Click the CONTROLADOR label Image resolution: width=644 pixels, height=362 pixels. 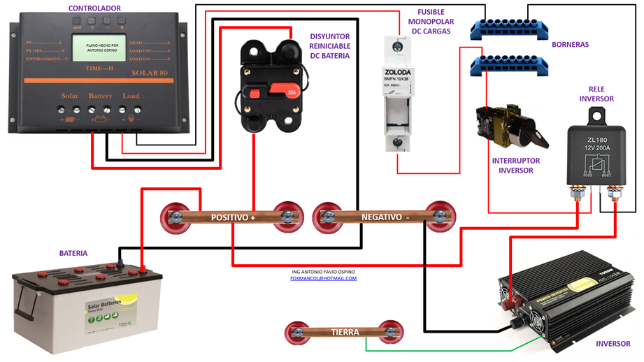[x=94, y=8]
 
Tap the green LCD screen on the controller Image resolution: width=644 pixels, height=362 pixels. [x=101, y=49]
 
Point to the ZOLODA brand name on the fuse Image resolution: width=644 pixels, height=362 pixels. [x=397, y=73]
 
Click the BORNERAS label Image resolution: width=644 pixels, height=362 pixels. [x=570, y=45]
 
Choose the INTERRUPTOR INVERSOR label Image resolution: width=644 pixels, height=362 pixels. [x=515, y=165]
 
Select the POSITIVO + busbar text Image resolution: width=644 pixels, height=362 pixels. [x=234, y=218]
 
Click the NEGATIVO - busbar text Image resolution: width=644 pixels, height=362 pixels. [x=385, y=217]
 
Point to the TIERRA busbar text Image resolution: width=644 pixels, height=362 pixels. [x=345, y=332]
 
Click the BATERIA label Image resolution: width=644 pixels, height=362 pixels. [x=73, y=253]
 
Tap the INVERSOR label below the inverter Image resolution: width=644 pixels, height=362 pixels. [x=613, y=344]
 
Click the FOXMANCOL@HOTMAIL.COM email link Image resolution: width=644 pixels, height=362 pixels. [x=323, y=278]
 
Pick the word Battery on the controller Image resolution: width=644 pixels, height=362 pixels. [x=100, y=96]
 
